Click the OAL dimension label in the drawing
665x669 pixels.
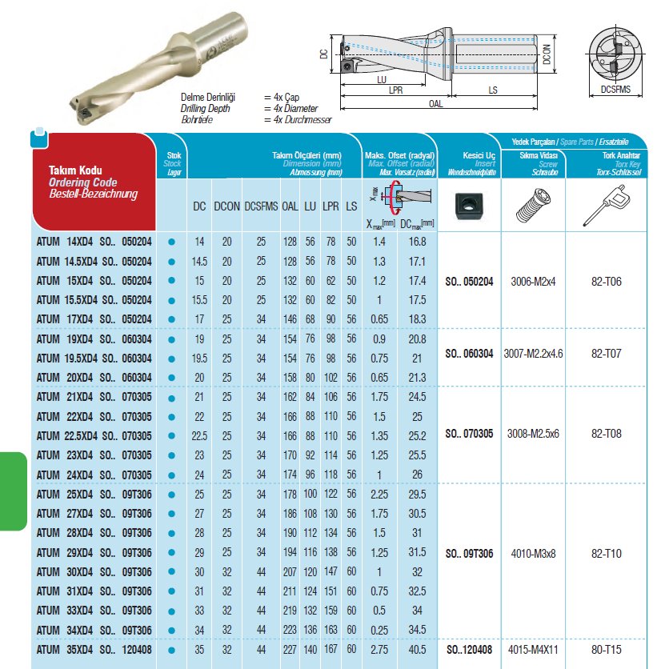[x=435, y=104]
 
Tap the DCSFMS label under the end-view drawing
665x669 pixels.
[x=615, y=90]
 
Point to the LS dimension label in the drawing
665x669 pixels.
[x=494, y=92]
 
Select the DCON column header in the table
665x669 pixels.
[x=226, y=206]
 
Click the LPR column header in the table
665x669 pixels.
[x=330, y=206]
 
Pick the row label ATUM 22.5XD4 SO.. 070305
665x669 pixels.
[x=94, y=435]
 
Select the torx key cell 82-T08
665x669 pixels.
[x=607, y=434]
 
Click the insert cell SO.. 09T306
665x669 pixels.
[x=468, y=553]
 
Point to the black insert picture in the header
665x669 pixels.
[x=468, y=206]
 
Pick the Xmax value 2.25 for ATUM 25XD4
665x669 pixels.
[x=380, y=494]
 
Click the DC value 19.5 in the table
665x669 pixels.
[x=199, y=358]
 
